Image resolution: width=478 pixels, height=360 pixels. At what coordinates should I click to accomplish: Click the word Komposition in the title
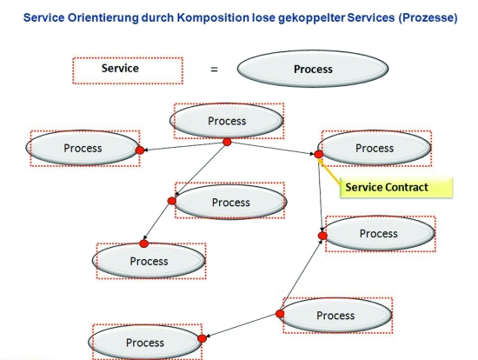[213, 18]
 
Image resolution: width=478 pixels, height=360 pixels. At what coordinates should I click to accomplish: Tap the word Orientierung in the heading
[103, 17]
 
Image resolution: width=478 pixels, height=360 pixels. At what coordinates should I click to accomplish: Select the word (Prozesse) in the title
[428, 17]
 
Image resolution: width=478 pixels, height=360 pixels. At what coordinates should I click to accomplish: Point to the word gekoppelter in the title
[311, 18]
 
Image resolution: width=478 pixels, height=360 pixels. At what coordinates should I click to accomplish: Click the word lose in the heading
[263, 17]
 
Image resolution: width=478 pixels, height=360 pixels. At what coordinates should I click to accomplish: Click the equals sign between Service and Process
[215, 70]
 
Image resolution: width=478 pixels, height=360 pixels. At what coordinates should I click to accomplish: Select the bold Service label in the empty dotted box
[120, 68]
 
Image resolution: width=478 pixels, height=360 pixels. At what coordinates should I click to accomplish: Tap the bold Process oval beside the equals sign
[313, 69]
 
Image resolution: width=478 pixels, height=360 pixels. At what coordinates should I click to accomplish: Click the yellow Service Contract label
[396, 187]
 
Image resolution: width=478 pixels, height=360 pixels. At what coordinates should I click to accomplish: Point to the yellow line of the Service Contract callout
[330, 173]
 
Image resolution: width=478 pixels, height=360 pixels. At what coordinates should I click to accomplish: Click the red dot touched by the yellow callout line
[319, 155]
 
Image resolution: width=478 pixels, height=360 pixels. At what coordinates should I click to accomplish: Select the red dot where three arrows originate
[227, 142]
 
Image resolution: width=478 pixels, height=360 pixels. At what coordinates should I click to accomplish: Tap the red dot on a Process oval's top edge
[143, 243]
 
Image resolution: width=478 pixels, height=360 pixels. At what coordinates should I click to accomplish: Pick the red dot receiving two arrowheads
[322, 236]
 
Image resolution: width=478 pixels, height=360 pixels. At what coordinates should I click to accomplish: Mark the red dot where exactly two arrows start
[280, 314]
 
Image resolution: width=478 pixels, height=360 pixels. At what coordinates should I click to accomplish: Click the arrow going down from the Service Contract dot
[321, 195]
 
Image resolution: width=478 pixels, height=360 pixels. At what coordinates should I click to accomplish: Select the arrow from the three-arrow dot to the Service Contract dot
[273, 148]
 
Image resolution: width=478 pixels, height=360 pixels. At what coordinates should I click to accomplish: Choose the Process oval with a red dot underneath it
[227, 121]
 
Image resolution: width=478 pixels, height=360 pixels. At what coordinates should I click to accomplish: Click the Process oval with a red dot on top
[149, 261]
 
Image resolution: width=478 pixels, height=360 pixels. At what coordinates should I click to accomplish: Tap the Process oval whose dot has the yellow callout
[375, 148]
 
